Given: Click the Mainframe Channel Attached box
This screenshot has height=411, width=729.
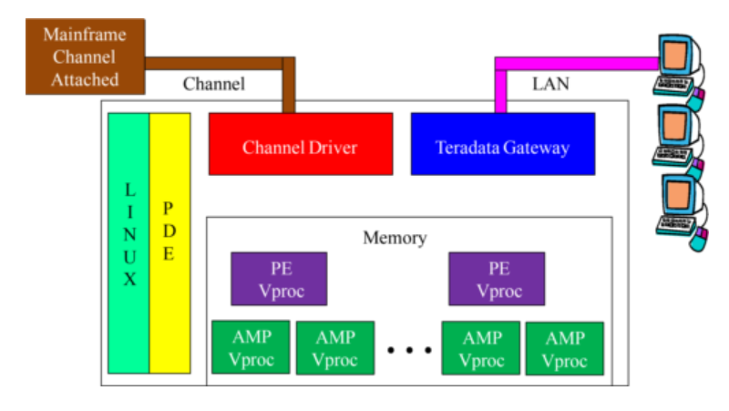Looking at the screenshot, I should tap(85, 57).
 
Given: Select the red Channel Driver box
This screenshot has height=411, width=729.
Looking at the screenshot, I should tap(301, 144).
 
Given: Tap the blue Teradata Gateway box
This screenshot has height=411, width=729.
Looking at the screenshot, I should tap(502, 144).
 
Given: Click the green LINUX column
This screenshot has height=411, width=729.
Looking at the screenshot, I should tap(129, 242).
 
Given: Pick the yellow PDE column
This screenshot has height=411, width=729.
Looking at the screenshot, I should tap(169, 242).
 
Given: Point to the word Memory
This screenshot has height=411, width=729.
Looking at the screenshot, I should tap(394, 238).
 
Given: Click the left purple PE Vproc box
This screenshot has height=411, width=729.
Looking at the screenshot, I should tap(278, 279).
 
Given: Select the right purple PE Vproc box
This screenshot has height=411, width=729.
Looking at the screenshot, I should tap(498, 279).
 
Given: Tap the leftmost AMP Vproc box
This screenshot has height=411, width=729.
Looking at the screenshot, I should tap(250, 347).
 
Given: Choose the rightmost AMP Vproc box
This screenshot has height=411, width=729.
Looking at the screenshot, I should tap(564, 347).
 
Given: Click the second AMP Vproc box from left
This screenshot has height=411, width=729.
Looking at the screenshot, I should tap(334, 347).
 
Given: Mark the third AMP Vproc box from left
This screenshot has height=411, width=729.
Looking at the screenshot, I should tap(480, 347).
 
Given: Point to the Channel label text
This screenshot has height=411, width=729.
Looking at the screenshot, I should tap(214, 85).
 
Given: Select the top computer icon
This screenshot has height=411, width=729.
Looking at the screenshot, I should tap(679, 64).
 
